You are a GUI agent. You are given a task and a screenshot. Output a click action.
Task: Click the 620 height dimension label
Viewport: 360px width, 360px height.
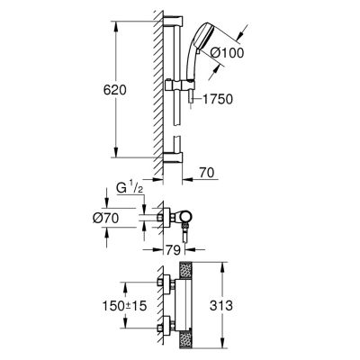[x=115, y=90]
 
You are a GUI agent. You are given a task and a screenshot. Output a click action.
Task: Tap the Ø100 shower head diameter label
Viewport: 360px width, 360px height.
[x=227, y=53]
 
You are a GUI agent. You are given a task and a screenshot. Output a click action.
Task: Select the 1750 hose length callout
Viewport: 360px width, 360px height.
[x=218, y=99]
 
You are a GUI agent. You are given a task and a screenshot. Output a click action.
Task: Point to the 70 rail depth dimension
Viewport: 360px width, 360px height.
[x=206, y=173]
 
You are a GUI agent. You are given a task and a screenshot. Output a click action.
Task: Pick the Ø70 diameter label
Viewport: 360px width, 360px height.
[x=105, y=218]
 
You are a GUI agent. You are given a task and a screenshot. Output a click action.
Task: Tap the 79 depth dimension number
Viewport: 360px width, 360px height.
[x=174, y=250]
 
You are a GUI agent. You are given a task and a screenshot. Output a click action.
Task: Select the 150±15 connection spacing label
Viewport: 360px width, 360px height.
[x=124, y=306]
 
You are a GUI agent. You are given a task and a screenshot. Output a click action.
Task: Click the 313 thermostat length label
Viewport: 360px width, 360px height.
[x=221, y=306]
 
